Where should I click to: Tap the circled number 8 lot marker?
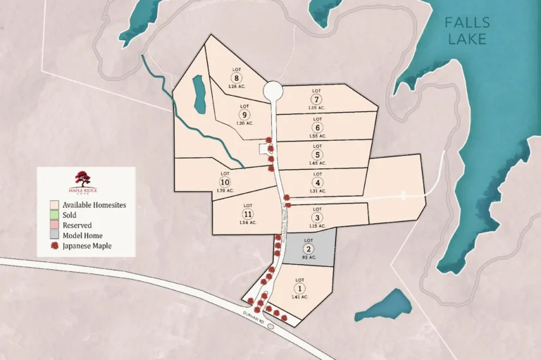point(237,77)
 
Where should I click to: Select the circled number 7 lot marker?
point(317,99)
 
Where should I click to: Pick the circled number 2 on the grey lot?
point(309,249)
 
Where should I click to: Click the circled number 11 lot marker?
point(247,214)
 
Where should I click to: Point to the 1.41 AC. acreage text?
point(299,297)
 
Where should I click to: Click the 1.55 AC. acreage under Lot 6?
point(317,135)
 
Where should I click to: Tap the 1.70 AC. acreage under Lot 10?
point(225,191)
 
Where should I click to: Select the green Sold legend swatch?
point(54,214)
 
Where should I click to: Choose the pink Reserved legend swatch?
point(54,225)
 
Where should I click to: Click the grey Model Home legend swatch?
point(54,235)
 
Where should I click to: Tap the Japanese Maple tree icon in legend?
point(54,246)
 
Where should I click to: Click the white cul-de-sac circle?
point(273,92)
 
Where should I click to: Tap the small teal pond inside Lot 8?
point(199,94)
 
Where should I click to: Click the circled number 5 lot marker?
point(318,155)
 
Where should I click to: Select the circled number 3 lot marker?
point(317,218)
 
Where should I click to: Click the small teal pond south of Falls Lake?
point(385,305)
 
